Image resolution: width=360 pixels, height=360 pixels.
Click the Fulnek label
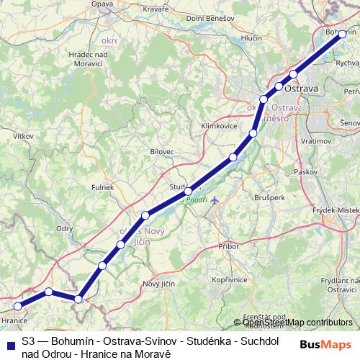102,187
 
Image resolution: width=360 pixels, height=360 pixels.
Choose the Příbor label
227,246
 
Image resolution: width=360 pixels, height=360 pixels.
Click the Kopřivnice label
230,279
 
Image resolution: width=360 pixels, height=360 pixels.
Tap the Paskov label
306,173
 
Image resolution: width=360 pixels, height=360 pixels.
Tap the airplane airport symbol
214,199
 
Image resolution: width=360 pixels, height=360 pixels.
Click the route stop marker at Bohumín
342,34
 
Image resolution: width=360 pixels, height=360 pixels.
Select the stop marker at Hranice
18,306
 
